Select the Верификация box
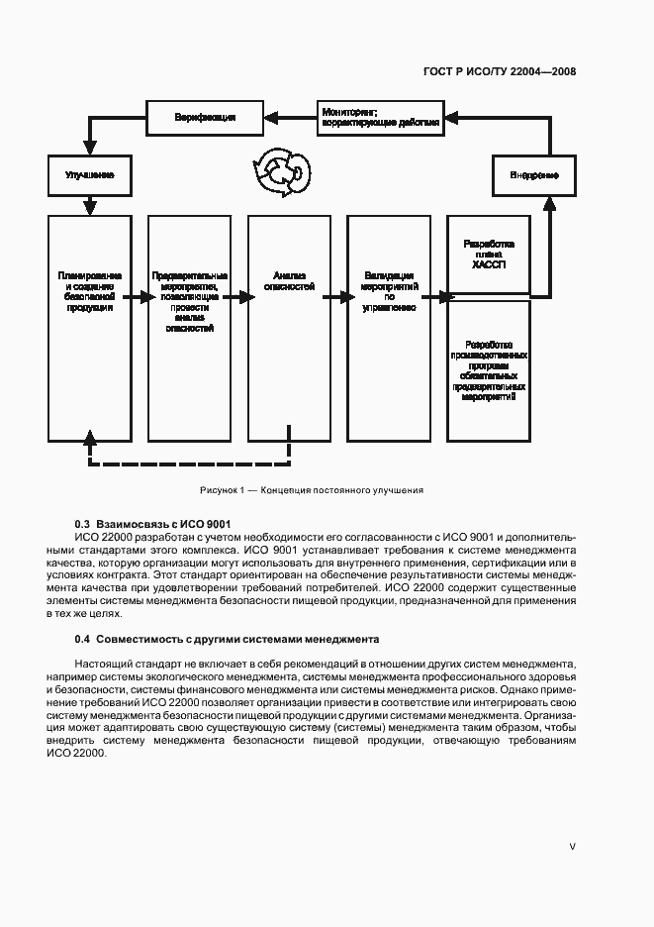[x=205, y=118]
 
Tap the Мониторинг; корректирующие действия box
[x=381, y=118]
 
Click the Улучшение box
[x=89, y=175]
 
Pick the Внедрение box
[x=534, y=175]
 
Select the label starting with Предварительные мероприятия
[x=190, y=300]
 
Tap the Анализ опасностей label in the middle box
[x=288, y=280]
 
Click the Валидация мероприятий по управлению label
[x=388, y=291]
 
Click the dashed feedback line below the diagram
[x=188, y=463]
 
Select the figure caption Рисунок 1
[x=311, y=489]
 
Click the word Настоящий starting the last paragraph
[x=102, y=663]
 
